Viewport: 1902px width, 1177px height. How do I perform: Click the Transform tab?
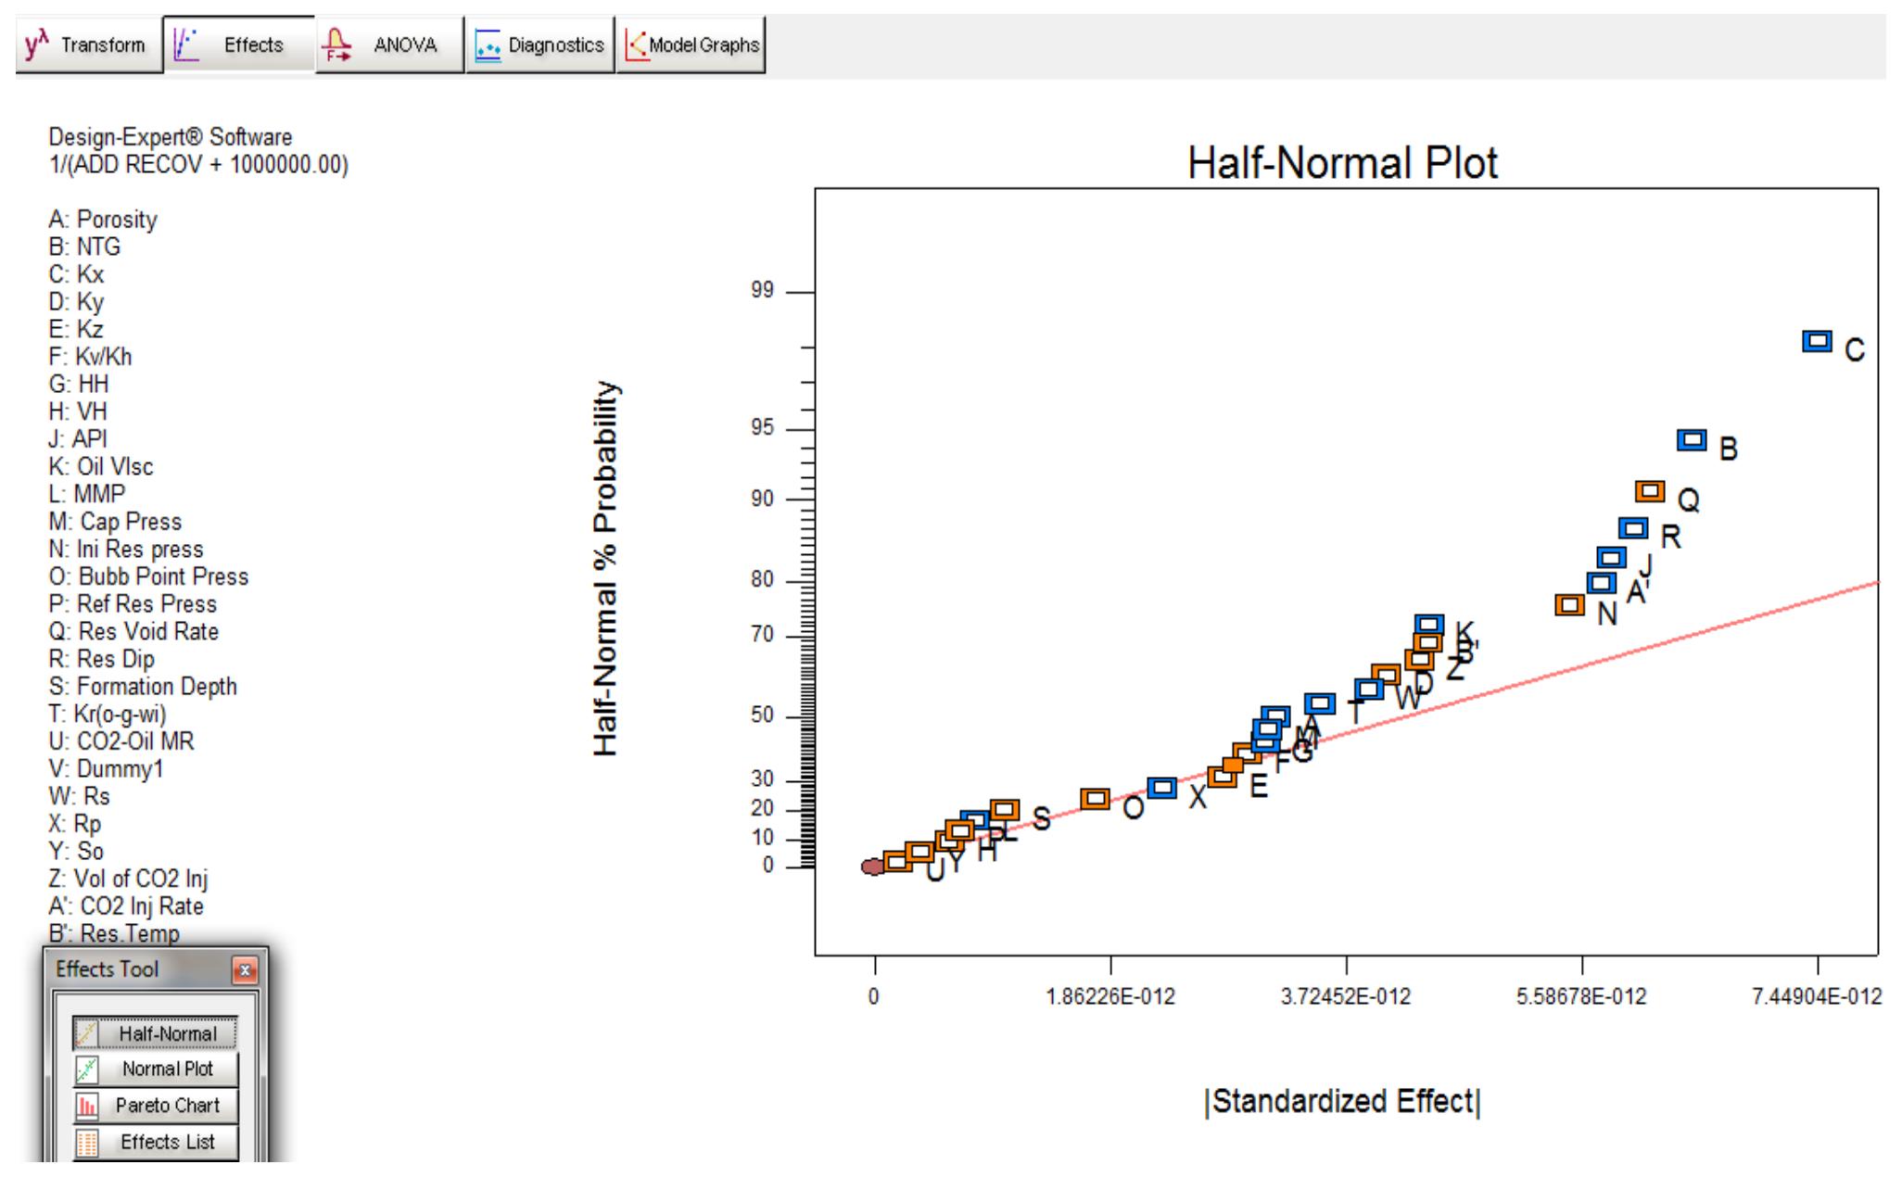point(87,44)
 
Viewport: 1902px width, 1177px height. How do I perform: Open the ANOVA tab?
point(388,44)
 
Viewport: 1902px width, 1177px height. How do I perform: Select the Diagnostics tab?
point(539,44)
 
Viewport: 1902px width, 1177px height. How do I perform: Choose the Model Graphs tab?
point(691,44)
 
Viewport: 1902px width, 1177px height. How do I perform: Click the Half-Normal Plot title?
point(1341,164)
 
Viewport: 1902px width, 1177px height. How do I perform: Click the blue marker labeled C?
point(1817,341)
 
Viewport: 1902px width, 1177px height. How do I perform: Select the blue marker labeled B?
point(1692,439)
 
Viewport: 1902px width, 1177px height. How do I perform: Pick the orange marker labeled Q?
point(1650,491)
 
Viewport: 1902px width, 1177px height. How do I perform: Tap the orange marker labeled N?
point(1569,605)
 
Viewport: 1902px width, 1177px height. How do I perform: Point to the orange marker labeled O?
point(1096,799)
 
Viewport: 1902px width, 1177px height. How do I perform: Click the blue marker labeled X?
point(1161,788)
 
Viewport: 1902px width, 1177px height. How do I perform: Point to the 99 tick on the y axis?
point(762,291)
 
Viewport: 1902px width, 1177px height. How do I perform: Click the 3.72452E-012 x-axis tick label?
point(1347,997)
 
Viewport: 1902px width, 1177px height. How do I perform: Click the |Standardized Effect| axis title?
point(1342,1101)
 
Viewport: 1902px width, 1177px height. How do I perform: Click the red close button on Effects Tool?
point(245,970)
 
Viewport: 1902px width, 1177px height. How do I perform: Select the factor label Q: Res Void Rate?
point(133,632)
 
